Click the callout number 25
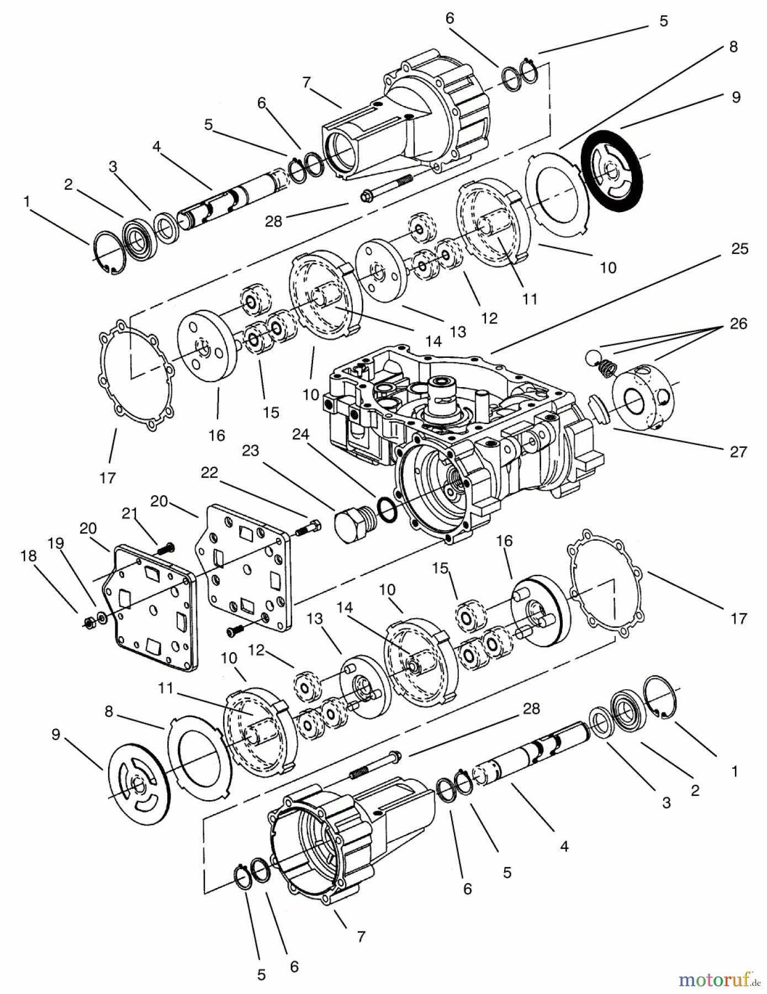[739, 249]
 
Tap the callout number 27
[738, 452]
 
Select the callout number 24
[300, 435]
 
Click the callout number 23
[251, 451]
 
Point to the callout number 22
[210, 473]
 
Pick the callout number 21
[129, 514]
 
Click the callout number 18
[28, 556]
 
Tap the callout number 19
[55, 543]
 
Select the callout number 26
[738, 324]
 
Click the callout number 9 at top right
[736, 97]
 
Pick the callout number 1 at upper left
[26, 202]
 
